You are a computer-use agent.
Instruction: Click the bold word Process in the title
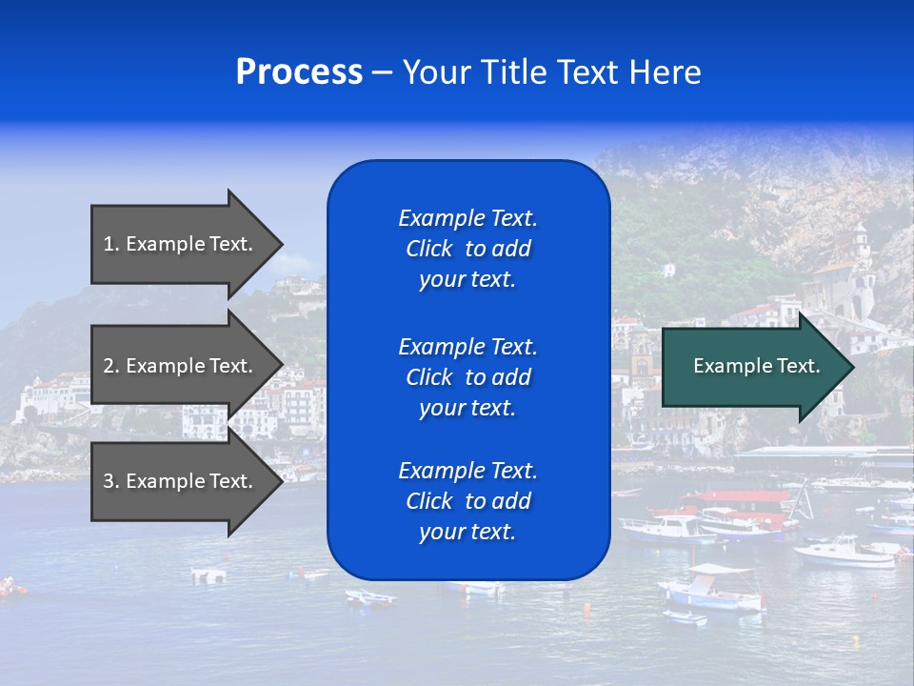tap(299, 72)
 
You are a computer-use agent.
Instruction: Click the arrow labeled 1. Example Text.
tap(178, 244)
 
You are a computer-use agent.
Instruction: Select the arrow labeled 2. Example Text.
tap(178, 366)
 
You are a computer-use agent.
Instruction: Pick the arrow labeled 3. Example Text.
tap(178, 481)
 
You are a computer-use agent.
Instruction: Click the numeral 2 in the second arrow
tap(109, 366)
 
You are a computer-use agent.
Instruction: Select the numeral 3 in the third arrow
tap(109, 481)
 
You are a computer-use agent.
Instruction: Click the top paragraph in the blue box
tap(467, 249)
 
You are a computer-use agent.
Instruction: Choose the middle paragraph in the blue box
tap(467, 377)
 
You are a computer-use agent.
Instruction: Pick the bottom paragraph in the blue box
tap(467, 501)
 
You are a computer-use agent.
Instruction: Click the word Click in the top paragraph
tap(428, 249)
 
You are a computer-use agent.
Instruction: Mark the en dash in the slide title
tap(382, 73)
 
